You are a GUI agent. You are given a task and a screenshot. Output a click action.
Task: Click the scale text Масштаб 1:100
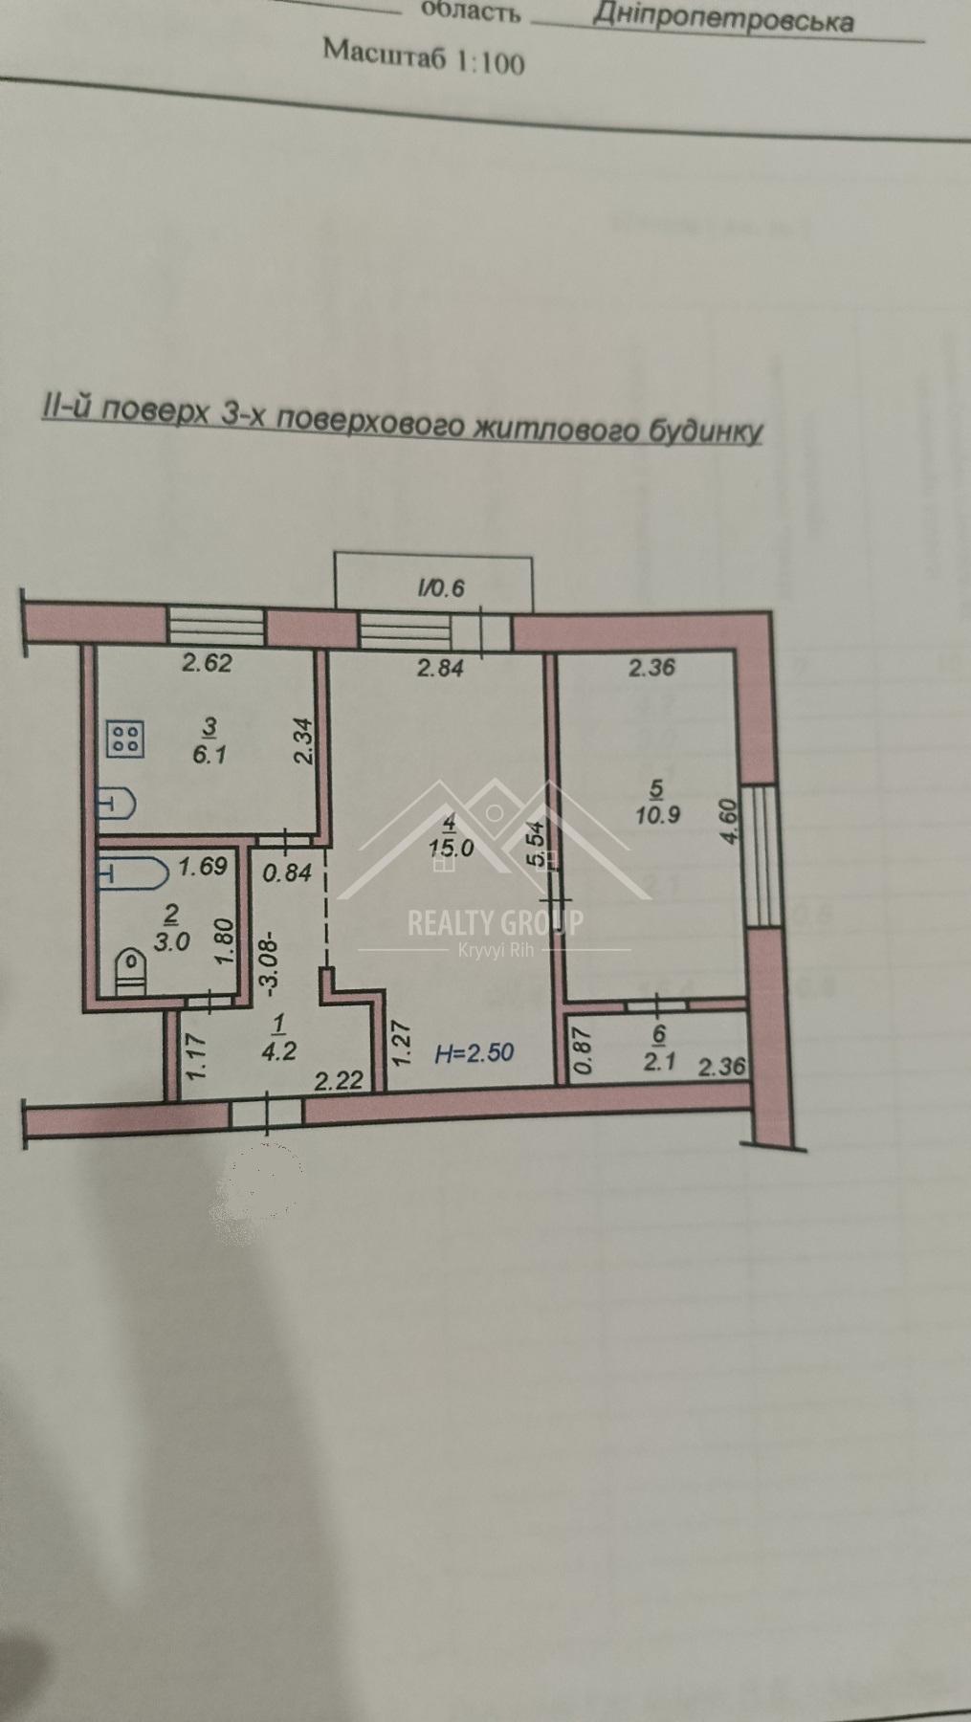[x=424, y=57]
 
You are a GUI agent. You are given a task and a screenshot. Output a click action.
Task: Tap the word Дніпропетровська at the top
[x=722, y=16]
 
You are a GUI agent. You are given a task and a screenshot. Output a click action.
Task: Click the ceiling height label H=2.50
[x=474, y=1054]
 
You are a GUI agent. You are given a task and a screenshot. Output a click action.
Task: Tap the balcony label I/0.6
[x=441, y=587]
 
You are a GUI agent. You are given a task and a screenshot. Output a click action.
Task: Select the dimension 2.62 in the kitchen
[x=207, y=663]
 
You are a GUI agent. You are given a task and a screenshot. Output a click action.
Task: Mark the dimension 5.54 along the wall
[x=536, y=844]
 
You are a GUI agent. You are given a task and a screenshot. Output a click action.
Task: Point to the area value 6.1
[x=210, y=754]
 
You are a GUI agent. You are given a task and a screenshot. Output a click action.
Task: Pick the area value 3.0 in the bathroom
[x=172, y=941]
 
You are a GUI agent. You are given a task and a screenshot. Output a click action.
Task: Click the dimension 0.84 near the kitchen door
[x=287, y=872]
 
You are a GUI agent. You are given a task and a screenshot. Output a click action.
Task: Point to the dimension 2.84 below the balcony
[x=440, y=668]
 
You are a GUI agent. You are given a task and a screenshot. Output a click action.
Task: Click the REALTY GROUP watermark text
[x=495, y=923]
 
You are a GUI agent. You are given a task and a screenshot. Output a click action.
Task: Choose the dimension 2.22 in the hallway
[x=339, y=1081]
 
